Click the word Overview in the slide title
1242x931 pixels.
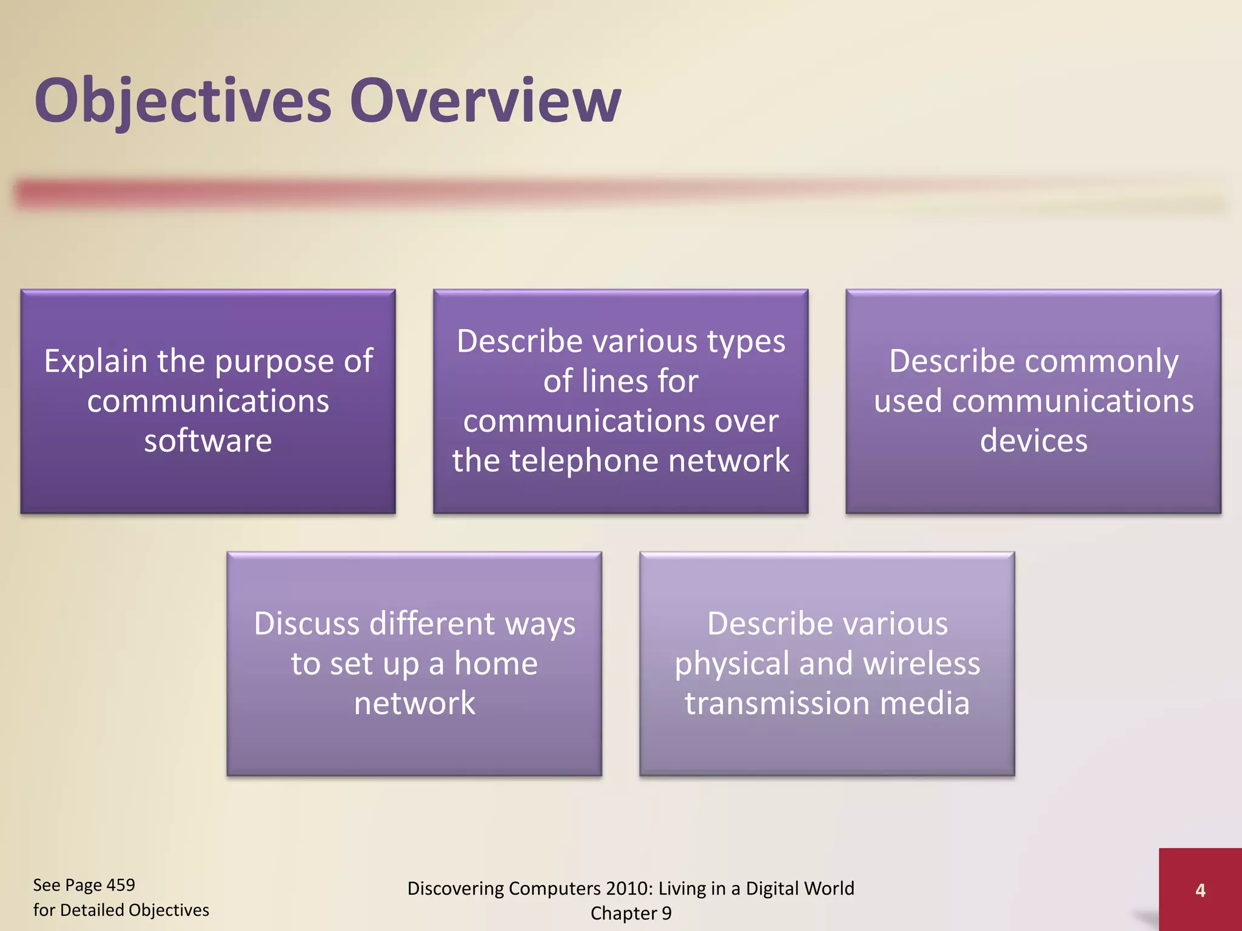pyautogui.click(x=485, y=101)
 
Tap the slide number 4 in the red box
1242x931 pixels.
pyautogui.click(x=1200, y=890)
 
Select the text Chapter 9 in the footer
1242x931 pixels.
pyautogui.click(x=631, y=913)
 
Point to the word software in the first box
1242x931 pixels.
pyautogui.click(x=208, y=441)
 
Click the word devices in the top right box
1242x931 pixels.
pyautogui.click(x=1033, y=441)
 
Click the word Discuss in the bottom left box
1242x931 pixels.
pyautogui.click(x=307, y=624)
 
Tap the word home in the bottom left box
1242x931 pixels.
pyautogui.click(x=495, y=664)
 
